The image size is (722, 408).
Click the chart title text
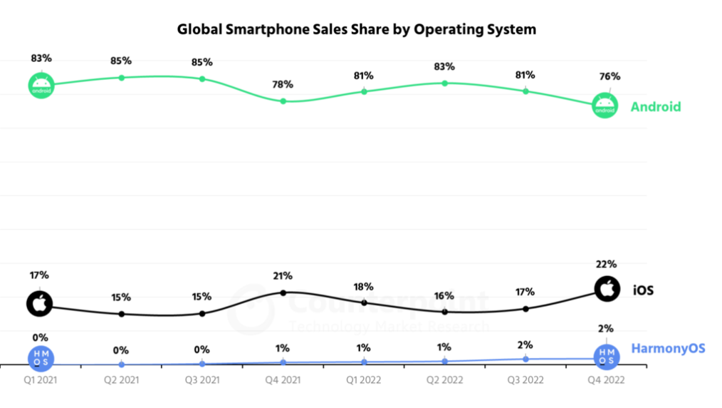[x=356, y=30]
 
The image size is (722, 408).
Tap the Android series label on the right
[x=655, y=107]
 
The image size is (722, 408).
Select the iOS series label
[x=643, y=290]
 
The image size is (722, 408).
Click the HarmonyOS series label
[x=668, y=348]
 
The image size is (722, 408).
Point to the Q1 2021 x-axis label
[x=40, y=380]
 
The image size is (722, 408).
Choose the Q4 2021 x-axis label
[x=283, y=380]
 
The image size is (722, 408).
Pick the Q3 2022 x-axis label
[x=525, y=380]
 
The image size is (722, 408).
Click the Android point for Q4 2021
[x=283, y=101]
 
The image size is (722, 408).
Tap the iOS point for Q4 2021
[x=283, y=292]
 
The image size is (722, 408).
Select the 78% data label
[x=283, y=84]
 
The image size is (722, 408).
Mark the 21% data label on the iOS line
[x=283, y=275]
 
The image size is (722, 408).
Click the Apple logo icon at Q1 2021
[x=40, y=303]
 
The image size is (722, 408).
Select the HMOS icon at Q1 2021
[x=40, y=359]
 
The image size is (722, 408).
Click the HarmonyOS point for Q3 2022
[x=525, y=359]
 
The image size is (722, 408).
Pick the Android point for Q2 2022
[x=444, y=83]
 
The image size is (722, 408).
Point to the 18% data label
[x=364, y=286]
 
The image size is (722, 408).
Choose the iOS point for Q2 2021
[x=121, y=314]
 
